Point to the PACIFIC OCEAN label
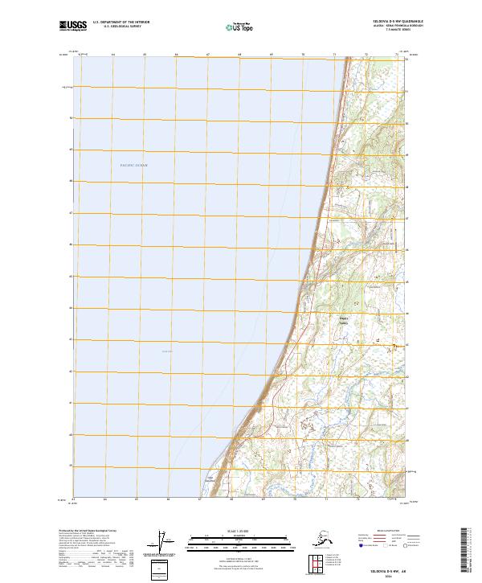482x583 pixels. coord(134,165)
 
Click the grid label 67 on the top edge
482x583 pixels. coord(208,55)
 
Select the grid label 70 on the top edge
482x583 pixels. coord(303,55)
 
